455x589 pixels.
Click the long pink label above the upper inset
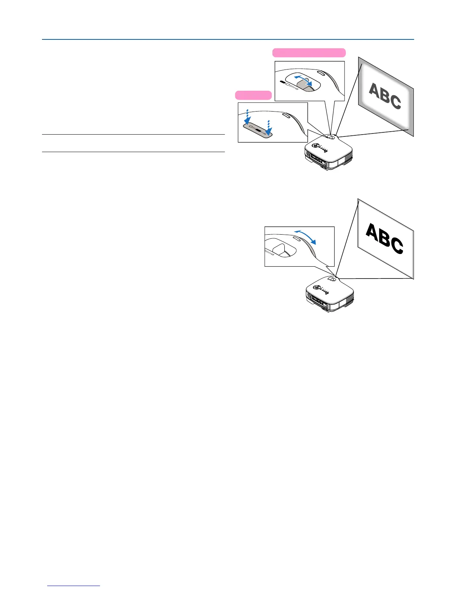click(x=309, y=52)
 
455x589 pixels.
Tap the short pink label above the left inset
click(x=253, y=95)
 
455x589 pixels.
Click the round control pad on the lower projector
click(x=318, y=287)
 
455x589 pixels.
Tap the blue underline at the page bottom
click(x=74, y=586)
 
